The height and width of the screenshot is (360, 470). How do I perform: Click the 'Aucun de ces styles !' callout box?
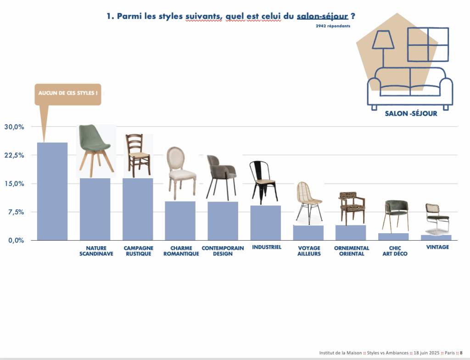click(x=68, y=94)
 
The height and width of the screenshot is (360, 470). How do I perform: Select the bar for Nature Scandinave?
click(x=95, y=209)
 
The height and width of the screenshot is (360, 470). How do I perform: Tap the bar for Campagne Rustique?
click(x=138, y=209)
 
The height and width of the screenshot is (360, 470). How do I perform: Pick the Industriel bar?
click(x=266, y=223)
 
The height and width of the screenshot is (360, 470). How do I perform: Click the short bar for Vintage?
click(x=436, y=237)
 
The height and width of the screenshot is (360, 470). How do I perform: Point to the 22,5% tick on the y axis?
click(x=14, y=155)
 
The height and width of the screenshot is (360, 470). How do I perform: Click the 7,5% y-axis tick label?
click(x=16, y=212)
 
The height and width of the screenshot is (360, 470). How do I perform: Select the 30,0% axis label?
click(x=14, y=127)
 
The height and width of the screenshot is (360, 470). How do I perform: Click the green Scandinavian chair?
click(x=96, y=151)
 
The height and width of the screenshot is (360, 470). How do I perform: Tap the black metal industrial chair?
click(x=263, y=182)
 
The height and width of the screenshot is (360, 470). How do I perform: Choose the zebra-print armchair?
click(x=352, y=208)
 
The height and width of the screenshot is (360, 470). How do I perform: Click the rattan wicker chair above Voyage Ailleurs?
click(x=309, y=203)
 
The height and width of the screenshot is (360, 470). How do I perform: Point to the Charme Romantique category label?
click(x=181, y=251)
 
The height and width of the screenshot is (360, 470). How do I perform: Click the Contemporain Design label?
click(x=223, y=251)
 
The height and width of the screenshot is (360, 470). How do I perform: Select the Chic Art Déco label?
click(x=395, y=251)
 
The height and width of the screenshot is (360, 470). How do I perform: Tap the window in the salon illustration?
click(x=428, y=45)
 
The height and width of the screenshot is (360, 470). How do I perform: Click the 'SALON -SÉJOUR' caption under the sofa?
click(x=411, y=113)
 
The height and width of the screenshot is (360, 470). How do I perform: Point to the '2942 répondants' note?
click(x=333, y=26)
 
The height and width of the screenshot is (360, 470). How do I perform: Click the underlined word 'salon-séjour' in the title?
click(x=323, y=16)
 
